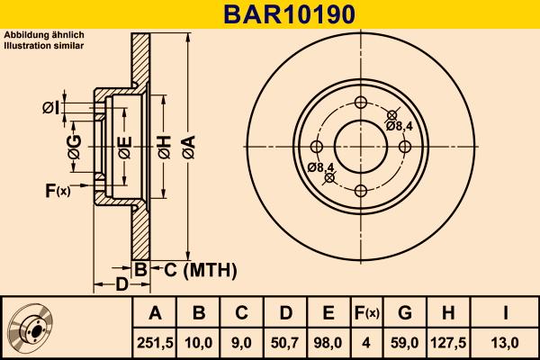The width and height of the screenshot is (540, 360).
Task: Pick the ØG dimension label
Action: (75, 151)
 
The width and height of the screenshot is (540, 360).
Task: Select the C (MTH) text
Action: (199, 269)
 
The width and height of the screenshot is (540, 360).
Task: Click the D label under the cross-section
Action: (121, 285)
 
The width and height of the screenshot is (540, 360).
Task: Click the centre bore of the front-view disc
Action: (360, 147)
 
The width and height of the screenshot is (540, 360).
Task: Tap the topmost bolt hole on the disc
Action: (360, 103)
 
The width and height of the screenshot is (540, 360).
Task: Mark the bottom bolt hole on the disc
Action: (360, 190)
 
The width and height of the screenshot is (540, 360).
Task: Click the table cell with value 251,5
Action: (155, 342)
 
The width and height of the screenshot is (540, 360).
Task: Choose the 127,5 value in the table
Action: (446, 342)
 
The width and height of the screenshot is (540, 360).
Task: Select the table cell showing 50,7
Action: (285, 342)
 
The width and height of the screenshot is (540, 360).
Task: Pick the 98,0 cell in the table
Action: (328, 342)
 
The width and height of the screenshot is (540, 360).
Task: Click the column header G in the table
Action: (405, 313)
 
